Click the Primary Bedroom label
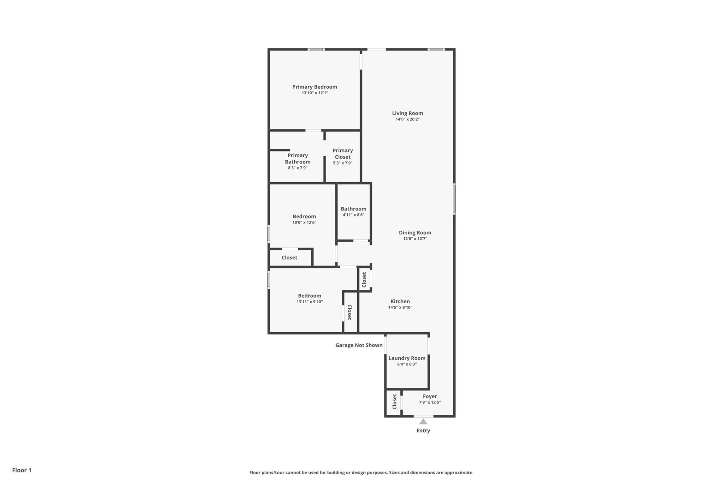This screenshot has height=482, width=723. coord(315,87)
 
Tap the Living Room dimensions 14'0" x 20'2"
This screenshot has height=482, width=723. coord(407,119)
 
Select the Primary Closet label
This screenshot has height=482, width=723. coord(342,154)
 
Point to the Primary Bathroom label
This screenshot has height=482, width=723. coord(298,159)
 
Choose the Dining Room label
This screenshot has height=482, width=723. coord(415,233)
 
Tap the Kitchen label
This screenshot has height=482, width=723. coord(400,302)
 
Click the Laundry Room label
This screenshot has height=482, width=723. coord(407,358)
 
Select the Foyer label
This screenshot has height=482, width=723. coord(430,397)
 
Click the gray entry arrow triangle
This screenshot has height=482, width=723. coord(423,422)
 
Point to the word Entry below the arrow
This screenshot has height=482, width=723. coord(423,430)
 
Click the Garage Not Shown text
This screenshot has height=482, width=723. coord(359,345)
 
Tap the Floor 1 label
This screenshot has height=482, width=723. coord(22,470)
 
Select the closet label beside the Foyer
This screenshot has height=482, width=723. coord(394,402)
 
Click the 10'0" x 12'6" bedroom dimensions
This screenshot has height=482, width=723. coord(304,222)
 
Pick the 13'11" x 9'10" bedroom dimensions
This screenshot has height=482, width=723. coord(310,302)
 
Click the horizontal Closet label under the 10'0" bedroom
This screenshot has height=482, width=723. coord(289,258)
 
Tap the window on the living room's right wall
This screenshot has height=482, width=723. coord(454,199)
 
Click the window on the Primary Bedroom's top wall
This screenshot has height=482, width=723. coord(316,49)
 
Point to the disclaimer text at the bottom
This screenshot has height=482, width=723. coord(361,472)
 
